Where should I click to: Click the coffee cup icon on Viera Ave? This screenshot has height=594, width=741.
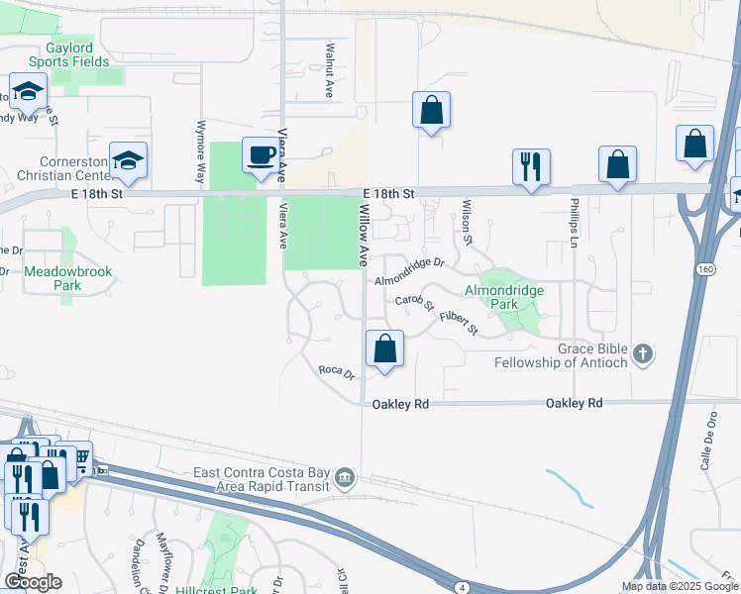coord(260,156)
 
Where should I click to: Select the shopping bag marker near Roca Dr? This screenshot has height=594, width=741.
coord(384,349)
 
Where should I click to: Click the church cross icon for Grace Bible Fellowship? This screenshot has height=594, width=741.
coord(643,354)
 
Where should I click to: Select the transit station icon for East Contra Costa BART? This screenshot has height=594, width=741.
coord(344,478)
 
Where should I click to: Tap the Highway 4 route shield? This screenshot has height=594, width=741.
coord(463,587)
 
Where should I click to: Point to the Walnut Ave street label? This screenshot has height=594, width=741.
coord(329,69)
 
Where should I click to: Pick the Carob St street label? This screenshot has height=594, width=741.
coord(415,301)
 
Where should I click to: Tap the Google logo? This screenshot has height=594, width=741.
coord(33,582)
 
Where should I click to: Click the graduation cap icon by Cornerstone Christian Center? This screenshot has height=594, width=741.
coord(128,160)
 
